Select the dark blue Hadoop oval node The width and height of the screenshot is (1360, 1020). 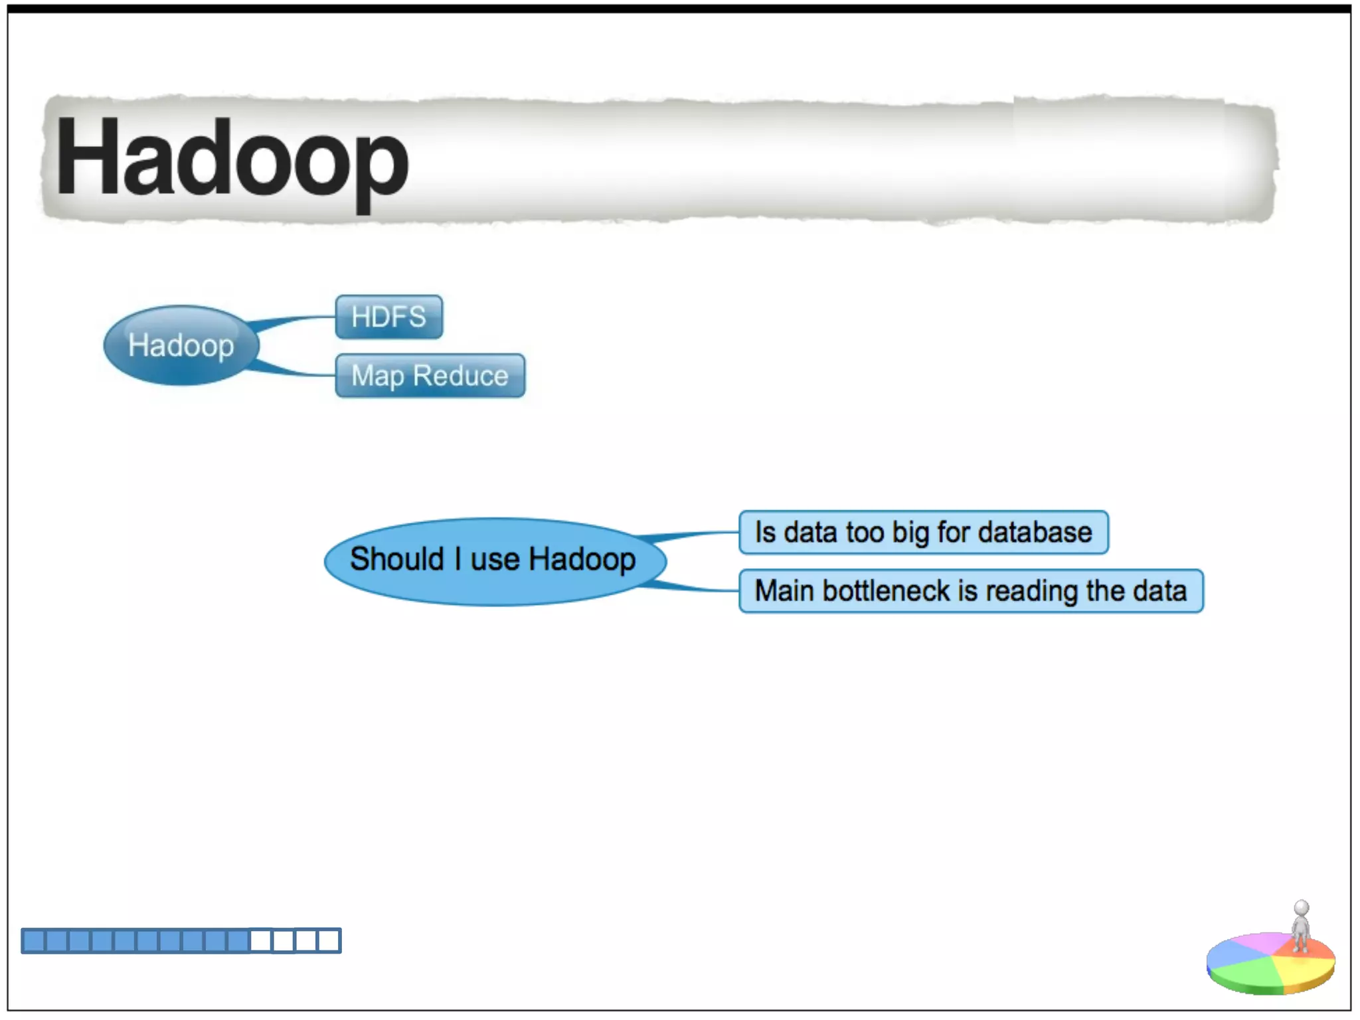click(181, 345)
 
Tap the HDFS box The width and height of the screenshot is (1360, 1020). click(388, 317)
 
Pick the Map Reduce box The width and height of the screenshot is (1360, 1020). click(430, 376)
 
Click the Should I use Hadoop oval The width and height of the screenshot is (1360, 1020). click(494, 560)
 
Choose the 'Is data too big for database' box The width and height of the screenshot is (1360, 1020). click(923, 533)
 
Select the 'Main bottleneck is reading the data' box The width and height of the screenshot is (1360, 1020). click(970, 591)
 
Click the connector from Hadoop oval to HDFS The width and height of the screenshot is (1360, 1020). click(292, 321)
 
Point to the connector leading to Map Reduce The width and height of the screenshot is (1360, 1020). click(292, 371)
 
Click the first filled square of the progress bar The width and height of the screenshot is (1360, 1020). click(33, 941)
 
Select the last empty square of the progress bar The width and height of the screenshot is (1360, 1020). click(329, 941)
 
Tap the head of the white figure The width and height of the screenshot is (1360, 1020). click(1302, 908)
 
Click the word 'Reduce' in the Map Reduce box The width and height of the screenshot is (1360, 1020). click(460, 376)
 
